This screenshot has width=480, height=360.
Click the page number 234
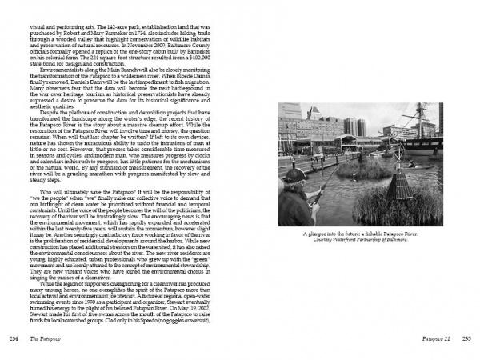(13, 339)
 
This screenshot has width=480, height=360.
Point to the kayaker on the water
(434, 164)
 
